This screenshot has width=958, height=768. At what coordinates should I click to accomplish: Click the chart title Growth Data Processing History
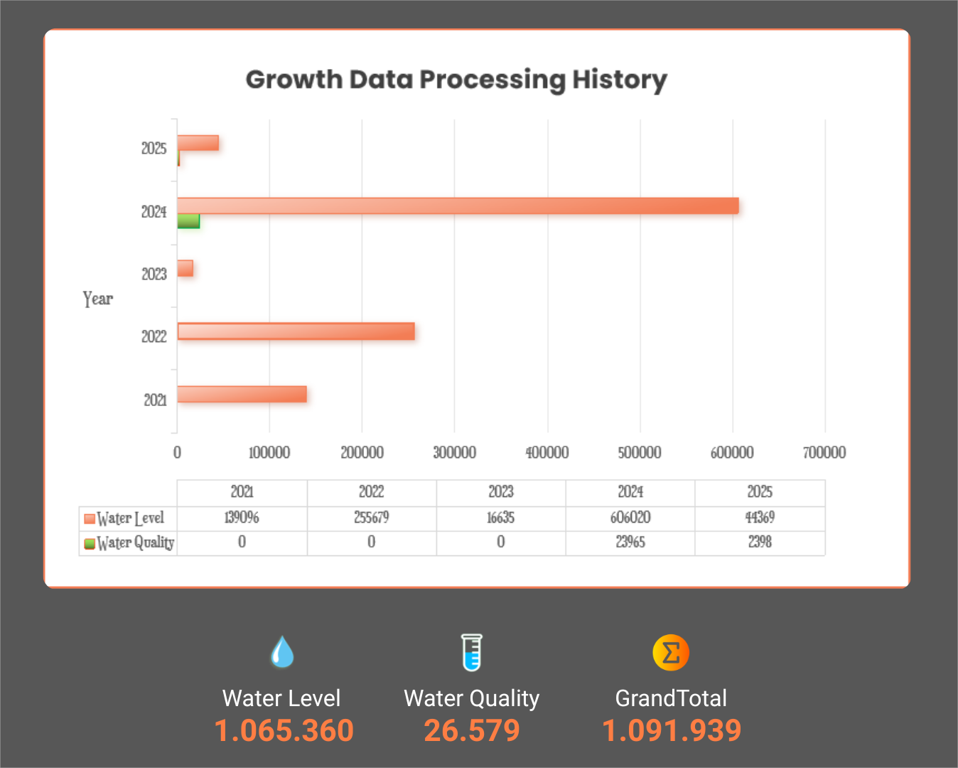click(x=456, y=80)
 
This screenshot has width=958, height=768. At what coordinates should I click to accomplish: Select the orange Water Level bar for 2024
click(x=458, y=206)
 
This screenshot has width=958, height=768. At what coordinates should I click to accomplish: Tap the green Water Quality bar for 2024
click(x=188, y=221)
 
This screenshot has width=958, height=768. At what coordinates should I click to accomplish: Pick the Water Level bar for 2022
click(x=296, y=331)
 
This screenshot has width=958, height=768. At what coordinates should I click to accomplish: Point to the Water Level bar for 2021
click(x=242, y=394)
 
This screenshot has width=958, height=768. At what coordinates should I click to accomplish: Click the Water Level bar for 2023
click(x=185, y=269)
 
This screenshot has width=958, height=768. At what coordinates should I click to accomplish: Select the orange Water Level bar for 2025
click(x=198, y=143)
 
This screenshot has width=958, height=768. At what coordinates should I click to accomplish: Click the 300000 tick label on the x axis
click(x=455, y=452)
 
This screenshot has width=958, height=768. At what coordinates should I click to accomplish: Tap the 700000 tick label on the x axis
click(x=824, y=452)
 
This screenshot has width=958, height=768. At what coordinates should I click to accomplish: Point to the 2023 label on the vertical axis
click(x=154, y=274)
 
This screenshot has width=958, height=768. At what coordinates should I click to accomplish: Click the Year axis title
click(x=98, y=299)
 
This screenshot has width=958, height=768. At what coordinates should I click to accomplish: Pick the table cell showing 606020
click(x=630, y=518)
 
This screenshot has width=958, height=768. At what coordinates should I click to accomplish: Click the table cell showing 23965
click(x=630, y=543)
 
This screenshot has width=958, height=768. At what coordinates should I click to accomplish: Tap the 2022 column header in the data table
click(x=371, y=492)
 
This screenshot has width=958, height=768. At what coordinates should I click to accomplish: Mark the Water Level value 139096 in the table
click(x=242, y=518)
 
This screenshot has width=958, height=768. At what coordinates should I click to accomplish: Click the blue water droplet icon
click(x=282, y=652)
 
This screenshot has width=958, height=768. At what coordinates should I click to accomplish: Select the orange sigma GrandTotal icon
click(x=671, y=652)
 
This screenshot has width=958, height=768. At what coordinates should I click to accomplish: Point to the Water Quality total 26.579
click(x=472, y=731)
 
